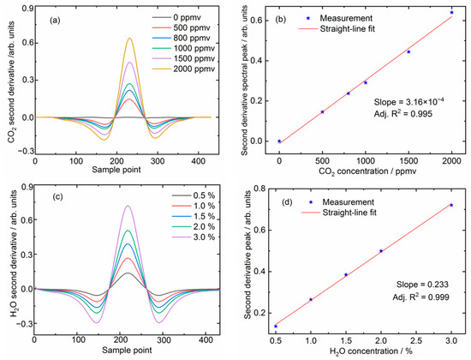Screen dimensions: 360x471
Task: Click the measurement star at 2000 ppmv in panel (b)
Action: click(x=451, y=12)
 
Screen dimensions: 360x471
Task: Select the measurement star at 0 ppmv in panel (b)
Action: click(x=279, y=141)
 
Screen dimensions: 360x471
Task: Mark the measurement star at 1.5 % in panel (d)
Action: click(x=346, y=275)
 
